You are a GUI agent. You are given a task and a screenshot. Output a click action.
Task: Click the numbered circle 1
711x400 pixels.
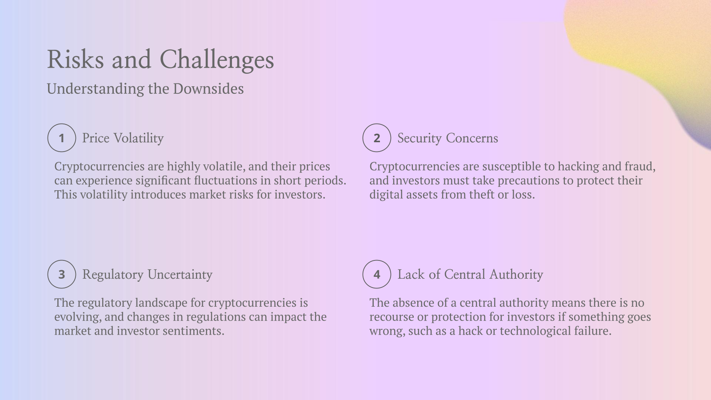(x=62, y=138)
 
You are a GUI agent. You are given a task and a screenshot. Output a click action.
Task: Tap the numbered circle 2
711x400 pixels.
(x=377, y=138)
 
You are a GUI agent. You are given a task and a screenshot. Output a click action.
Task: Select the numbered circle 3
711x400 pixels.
(x=62, y=274)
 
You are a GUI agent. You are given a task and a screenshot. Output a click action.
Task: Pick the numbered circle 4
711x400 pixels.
(x=377, y=274)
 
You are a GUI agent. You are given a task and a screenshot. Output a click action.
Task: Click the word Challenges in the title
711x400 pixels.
(x=217, y=60)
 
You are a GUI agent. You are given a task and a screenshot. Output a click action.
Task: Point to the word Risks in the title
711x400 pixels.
(x=76, y=60)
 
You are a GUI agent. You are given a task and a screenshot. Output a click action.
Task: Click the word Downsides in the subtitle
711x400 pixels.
(x=208, y=89)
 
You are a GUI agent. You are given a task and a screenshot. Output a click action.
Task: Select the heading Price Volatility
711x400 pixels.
(x=123, y=138)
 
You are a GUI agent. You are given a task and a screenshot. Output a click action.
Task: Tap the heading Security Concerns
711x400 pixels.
(x=447, y=138)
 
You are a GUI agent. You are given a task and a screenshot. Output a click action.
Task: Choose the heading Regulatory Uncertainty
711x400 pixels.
(x=147, y=275)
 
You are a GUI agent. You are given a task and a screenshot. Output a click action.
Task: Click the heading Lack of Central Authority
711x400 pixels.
(x=470, y=275)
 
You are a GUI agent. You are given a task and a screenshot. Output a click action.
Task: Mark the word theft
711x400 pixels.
(x=482, y=195)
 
